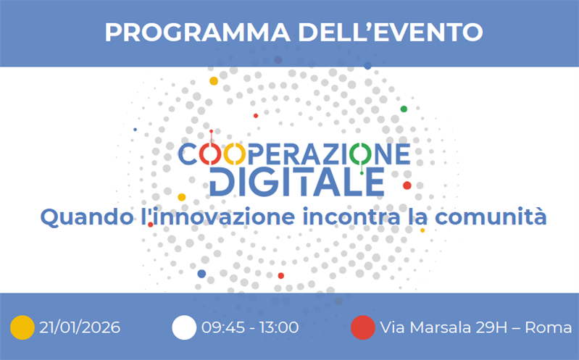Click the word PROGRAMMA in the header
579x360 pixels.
(x=188, y=32)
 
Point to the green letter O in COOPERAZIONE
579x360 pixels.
(x=359, y=154)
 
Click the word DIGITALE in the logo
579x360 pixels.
(x=296, y=181)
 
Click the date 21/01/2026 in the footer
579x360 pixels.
(x=80, y=327)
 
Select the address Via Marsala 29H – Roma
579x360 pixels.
(x=475, y=327)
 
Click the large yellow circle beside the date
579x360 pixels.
(x=22, y=327)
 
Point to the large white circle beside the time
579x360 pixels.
(x=184, y=327)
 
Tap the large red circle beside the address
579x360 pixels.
(x=362, y=327)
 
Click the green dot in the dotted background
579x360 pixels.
(x=404, y=109)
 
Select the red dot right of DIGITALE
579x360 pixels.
(x=407, y=185)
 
